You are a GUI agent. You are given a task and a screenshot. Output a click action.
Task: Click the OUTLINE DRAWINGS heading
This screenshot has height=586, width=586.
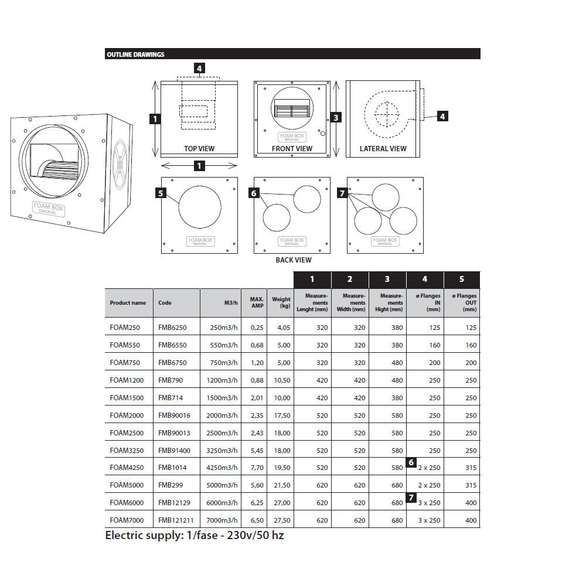[135, 54]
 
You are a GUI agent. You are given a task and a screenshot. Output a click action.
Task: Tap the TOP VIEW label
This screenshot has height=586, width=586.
[199, 149]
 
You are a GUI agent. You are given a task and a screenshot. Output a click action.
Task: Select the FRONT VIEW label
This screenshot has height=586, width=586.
[292, 149]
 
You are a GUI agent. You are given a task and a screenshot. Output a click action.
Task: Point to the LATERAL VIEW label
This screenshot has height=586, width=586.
[383, 149]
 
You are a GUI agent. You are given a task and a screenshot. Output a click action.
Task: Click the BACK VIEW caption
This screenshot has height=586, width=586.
[294, 260]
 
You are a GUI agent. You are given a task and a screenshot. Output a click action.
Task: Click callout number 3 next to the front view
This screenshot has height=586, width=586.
[336, 117]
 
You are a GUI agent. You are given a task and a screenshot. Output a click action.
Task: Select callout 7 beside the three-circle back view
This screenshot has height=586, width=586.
[343, 192]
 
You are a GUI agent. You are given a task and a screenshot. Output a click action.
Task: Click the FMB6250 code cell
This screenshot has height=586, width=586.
[172, 328]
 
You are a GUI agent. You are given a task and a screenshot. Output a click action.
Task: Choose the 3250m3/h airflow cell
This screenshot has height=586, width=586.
[222, 450]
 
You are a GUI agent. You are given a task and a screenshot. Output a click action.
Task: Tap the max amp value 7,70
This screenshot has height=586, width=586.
[257, 468]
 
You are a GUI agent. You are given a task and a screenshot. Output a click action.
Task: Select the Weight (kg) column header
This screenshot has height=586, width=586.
[281, 303]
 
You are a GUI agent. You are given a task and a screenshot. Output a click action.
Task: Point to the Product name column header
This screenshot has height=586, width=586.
[128, 303]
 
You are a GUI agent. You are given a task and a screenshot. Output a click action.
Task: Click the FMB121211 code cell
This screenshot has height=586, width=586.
[176, 520]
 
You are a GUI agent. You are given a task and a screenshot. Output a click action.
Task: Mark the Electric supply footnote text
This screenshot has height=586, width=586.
[194, 535]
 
